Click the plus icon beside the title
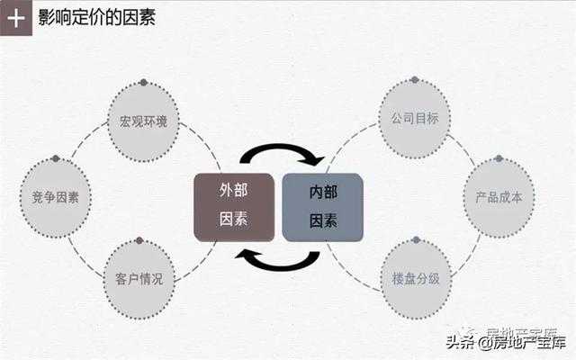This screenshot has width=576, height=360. click(x=16, y=18)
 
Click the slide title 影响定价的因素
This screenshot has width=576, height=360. click(x=97, y=17)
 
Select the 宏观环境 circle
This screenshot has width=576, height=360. click(x=143, y=122)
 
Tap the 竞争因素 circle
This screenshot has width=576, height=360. click(x=56, y=198)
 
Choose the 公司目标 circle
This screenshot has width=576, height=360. click(x=415, y=119)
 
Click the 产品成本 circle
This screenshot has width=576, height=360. click(x=499, y=198)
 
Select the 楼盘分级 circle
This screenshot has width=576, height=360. click(x=416, y=279)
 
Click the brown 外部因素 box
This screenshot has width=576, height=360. click(x=234, y=208)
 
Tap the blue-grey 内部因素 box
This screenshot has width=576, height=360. click(x=322, y=208)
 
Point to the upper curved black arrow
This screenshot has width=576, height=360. click(x=281, y=147)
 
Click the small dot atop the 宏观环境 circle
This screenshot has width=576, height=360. click(x=144, y=83)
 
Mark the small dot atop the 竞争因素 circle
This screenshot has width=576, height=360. click(x=56, y=158)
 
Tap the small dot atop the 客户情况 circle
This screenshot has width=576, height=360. click(x=139, y=240)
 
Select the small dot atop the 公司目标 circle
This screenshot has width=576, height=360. click(x=415, y=80)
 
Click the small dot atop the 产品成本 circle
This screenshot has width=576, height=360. click(x=499, y=158)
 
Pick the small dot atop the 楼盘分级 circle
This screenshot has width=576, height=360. click(x=416, y=240)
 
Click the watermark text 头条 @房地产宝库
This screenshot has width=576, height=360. click(x=506, y=342)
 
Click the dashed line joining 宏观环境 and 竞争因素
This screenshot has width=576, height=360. click(x=88, y=138)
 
